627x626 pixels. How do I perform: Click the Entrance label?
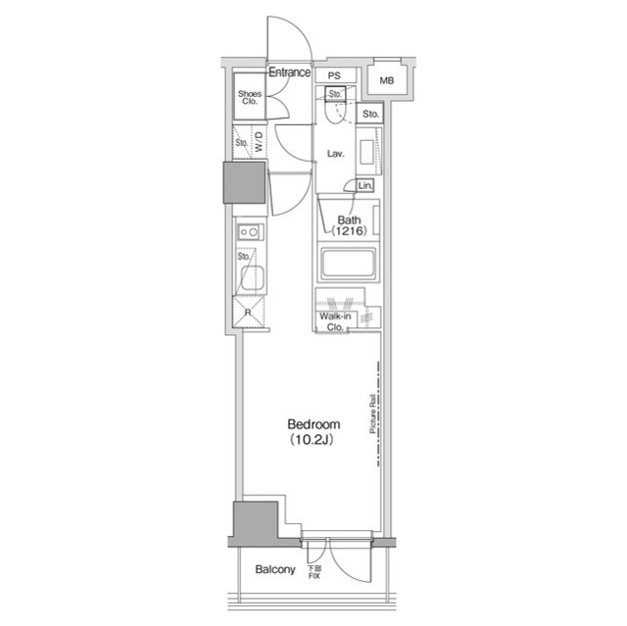pos(289,72)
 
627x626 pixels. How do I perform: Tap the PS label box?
pos(335,75)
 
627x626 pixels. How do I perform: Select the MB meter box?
pos(387,81)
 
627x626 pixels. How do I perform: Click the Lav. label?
pos(335,154)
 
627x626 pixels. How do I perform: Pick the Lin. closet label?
pos(365,186)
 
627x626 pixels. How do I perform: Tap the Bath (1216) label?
pos(350,225)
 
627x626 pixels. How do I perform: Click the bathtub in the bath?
pos(349,265)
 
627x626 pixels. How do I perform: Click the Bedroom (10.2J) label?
pos(313,431)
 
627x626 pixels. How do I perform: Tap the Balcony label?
pos(275,569)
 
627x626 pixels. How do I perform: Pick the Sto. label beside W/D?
pos(241,143)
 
